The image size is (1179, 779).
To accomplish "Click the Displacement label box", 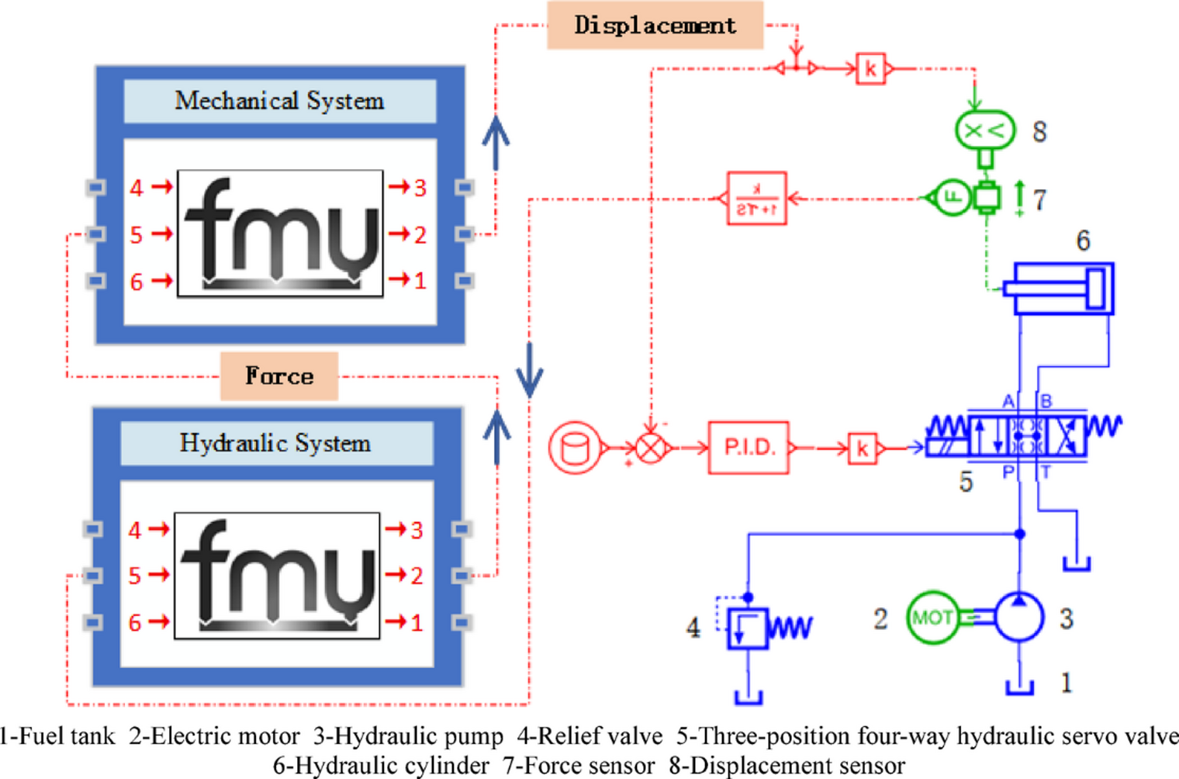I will tap(655, 26).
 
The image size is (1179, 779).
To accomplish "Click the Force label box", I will tap(279, 376).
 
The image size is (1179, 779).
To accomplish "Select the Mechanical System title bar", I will tap(279, 101).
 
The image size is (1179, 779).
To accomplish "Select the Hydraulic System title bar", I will tap(276, 443).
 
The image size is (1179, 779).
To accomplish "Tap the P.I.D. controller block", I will tap(749, 448).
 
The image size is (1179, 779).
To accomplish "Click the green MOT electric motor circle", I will tap(932, 618).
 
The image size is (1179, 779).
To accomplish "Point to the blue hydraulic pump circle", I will tap(1019, 618).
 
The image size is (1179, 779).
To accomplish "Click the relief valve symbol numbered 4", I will tap(747, 628).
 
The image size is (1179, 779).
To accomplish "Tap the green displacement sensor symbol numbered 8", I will tap(984, 131).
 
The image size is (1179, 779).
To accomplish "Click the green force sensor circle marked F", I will tap(951, 198).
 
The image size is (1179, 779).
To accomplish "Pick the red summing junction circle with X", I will tap(652, 448).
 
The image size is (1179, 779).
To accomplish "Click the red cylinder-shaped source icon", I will tap(575, 448).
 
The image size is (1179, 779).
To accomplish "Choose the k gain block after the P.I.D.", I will tap(863, 448).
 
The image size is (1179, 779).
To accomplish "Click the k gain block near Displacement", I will tap(870, 68).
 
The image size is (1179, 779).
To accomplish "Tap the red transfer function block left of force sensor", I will tap(756, 199).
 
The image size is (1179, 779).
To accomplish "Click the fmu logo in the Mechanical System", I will tap(280, 234).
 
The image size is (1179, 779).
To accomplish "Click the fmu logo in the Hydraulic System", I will tap(277, 576).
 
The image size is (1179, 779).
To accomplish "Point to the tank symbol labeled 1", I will tap(1019, 687).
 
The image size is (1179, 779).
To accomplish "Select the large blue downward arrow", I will tap(530, 370).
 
